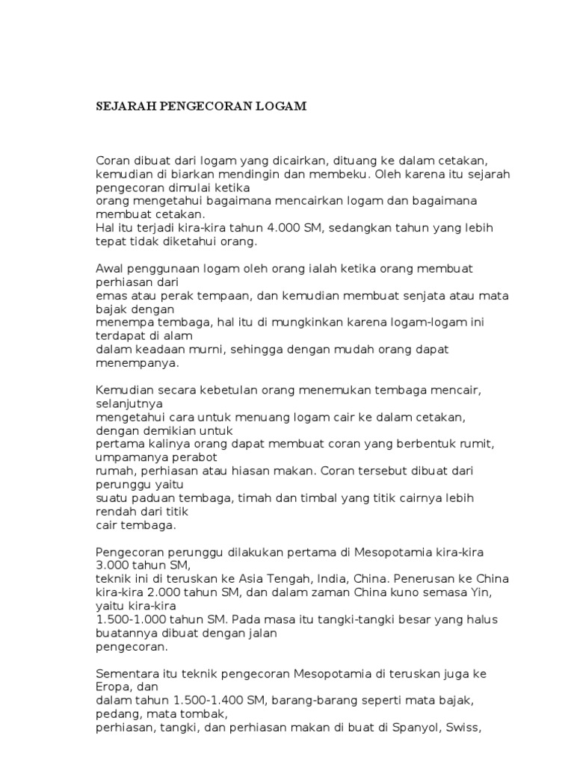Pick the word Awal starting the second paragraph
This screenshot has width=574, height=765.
[110, 268]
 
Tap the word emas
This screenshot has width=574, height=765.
[109, 295]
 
